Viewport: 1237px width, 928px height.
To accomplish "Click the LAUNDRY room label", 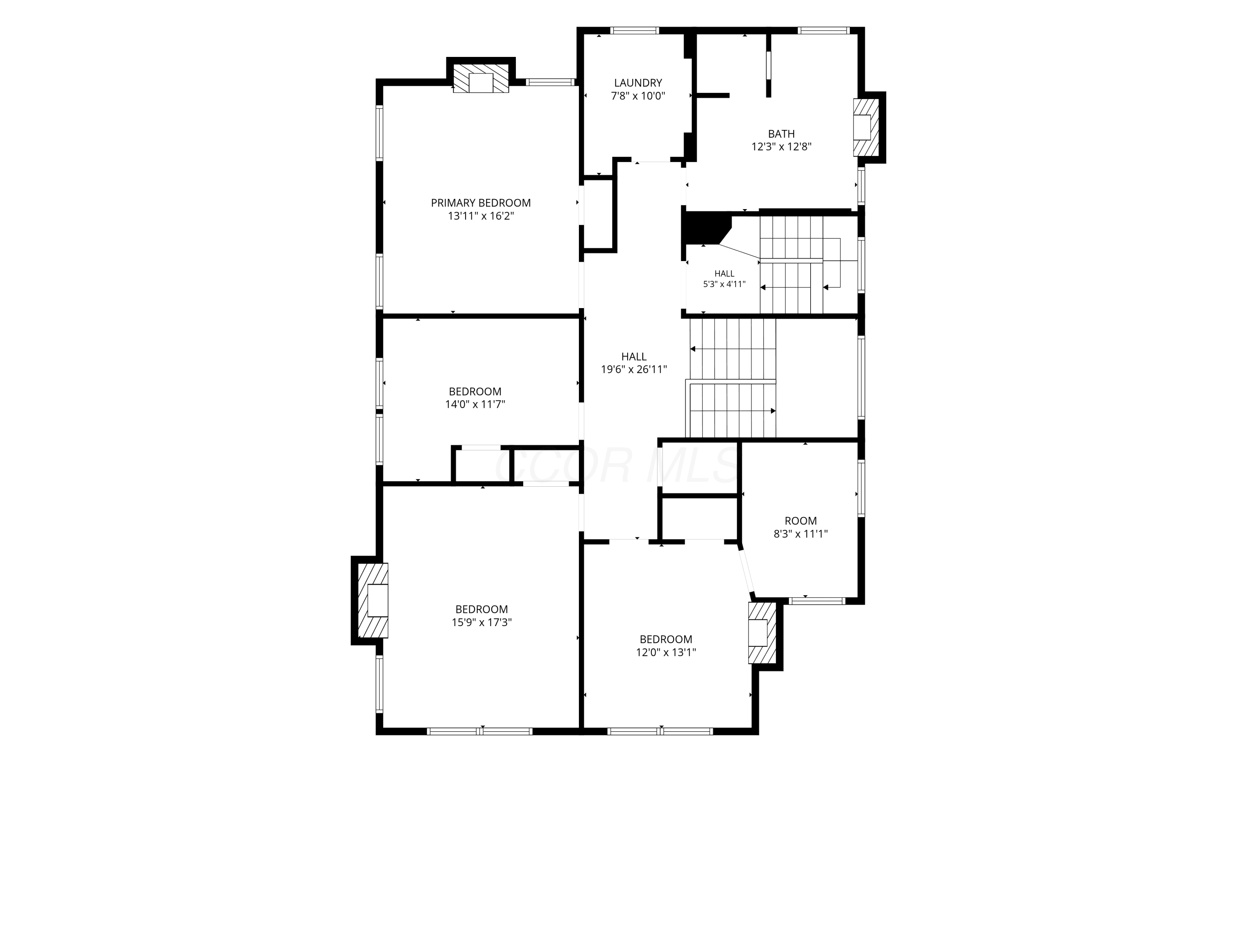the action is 637,83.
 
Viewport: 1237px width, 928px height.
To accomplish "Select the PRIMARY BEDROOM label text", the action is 480,203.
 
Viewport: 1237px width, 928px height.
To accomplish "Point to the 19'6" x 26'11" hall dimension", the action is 634,369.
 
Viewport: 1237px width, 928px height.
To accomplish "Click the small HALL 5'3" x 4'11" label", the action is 724,278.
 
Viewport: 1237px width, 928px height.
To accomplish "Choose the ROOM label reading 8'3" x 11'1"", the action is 800,527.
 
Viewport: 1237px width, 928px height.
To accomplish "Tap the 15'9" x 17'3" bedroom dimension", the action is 482,622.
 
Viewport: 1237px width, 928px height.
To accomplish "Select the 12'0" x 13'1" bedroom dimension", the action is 666,652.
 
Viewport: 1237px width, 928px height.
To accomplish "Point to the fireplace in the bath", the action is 865,127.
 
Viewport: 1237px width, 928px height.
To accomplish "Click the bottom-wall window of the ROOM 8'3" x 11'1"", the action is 816,601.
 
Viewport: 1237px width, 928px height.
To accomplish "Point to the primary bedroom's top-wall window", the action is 550,82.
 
